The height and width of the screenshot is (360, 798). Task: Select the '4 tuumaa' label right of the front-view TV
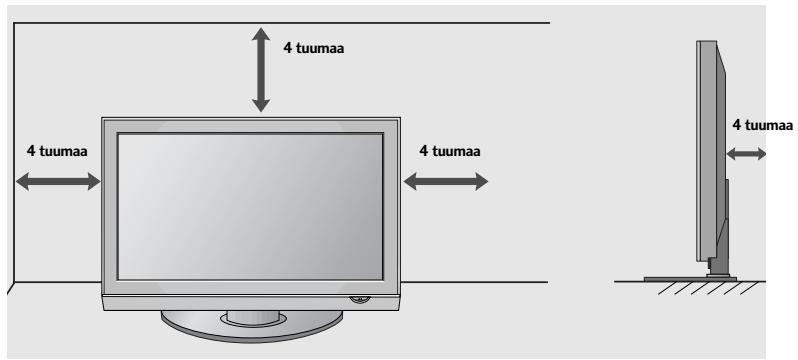click(450, 151)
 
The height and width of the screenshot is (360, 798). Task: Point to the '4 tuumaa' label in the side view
click(763, 125)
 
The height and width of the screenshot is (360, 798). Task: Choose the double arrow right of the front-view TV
click(445, 181)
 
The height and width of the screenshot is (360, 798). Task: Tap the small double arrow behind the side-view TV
click(747, 154)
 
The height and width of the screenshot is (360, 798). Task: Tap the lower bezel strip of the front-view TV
click(230, 297)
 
